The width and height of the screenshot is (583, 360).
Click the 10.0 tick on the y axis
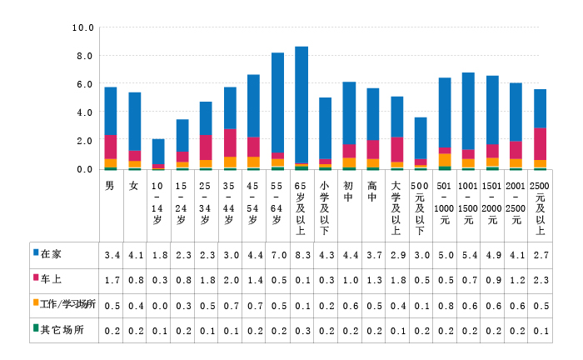[83, 27]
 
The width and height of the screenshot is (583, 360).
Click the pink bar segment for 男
[111, 147]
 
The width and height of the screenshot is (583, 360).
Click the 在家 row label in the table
[51, 252]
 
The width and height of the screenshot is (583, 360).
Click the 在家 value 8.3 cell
[301, 252]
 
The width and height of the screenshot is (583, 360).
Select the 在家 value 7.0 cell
[277, 252]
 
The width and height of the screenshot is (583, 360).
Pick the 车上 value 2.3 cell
[540, 277]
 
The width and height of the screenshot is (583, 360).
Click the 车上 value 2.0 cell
[230, 277]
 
